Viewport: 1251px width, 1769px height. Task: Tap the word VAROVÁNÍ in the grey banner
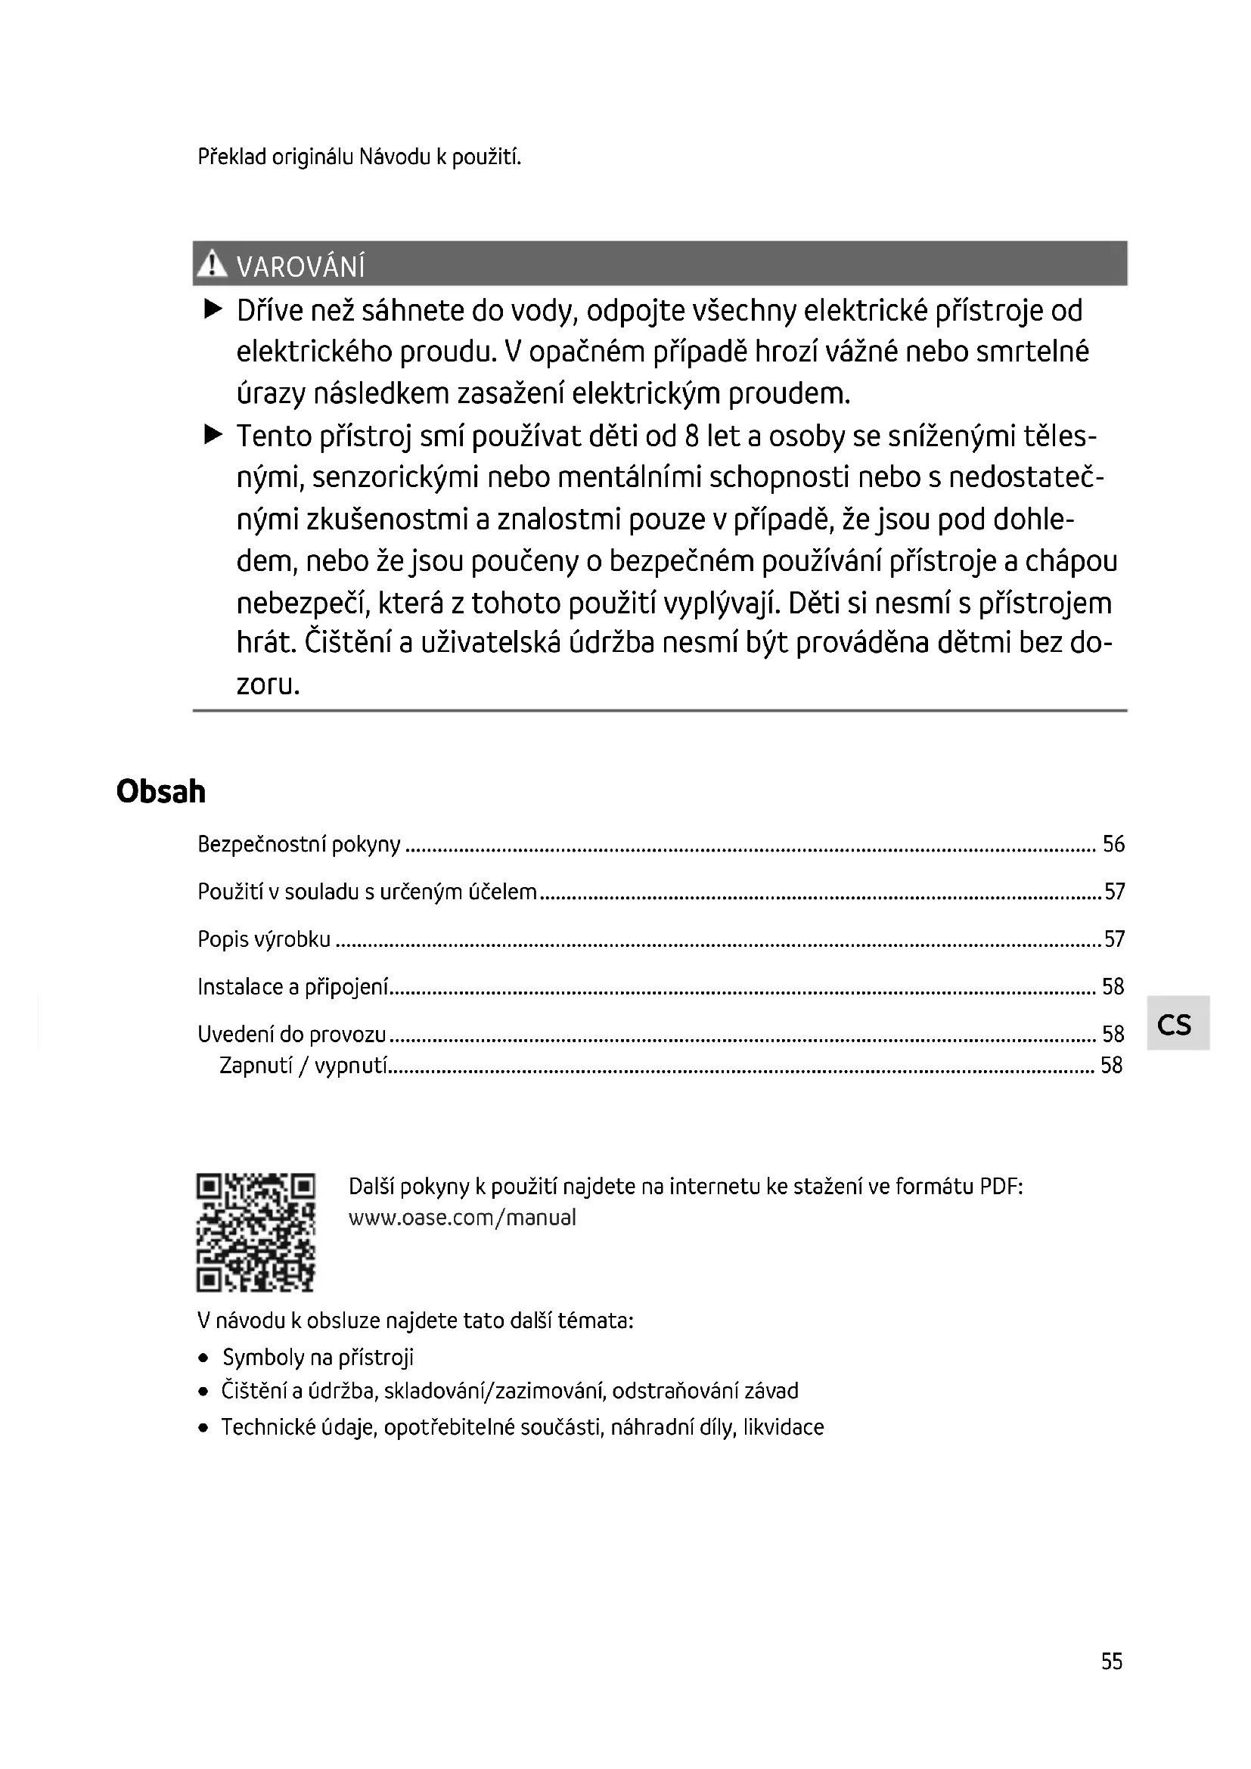(300, 267)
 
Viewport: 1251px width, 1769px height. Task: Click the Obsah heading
(161, 791)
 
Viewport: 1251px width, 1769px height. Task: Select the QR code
(256, 1232)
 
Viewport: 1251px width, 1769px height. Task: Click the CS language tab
(1176, 1024)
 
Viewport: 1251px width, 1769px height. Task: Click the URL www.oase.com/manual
(462, 1218)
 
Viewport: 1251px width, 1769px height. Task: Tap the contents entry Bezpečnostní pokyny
(299, 845)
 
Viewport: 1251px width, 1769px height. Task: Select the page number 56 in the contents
(1113, 845)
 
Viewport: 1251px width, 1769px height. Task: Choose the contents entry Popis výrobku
(264, 939)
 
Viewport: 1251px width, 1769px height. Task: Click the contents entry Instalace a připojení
(293, 987)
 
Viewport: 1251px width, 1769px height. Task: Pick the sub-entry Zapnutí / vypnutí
(303, 1066)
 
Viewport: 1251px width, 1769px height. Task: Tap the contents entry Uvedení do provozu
(292, 1034)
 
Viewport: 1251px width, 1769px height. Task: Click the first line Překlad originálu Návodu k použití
(359, 157)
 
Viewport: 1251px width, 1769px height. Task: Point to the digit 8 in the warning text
(692, 436)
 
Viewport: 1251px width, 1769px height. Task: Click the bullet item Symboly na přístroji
(318, 1357)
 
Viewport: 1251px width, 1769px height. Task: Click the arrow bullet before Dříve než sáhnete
(213, 310)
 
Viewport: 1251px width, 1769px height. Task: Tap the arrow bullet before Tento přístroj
(213, 436)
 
